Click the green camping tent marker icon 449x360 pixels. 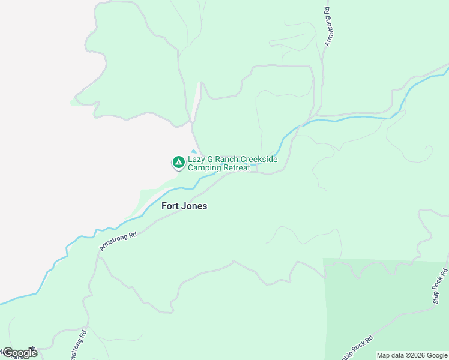pyautogui.click(x=178, y=162)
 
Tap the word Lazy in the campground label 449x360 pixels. pyautogui.click(x=196, y=160)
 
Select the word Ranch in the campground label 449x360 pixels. pyautogui.click(x=227, y=160)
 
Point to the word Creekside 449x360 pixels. pyautogui.click(x=259, y=160)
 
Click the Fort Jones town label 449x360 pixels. pyautogui.click(x=184, y=206)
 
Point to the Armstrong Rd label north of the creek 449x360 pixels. pyautogui.click(x=328, y=27)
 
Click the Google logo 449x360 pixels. pyautogui.click(x=20, y=353)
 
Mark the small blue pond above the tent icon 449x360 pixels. pyautogui.click(x=193, y=151)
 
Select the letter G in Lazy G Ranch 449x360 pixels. pyautogui.click(x=210, y=160)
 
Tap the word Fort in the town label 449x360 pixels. pyautogui.click(x=170, y=206)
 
